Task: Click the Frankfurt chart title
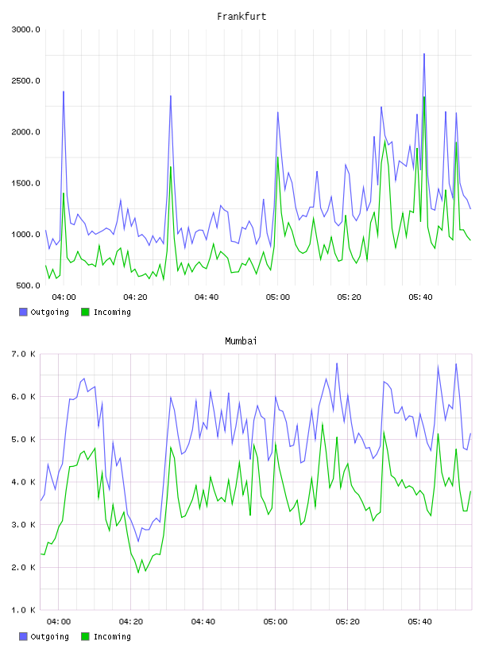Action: coord(241,16)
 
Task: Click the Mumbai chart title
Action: coord(241,340)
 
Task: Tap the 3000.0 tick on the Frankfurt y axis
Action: coord(25,29)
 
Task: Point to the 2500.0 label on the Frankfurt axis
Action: coord(25,80)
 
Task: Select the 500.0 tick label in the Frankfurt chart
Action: coord(28,286)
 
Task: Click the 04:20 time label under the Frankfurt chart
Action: coord(135,297)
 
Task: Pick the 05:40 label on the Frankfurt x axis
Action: coord(420,297)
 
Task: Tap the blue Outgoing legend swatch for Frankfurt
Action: coord(23,312)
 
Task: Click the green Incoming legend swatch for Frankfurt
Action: coord(85,312)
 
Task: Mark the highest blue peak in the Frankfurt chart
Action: coord(424,54)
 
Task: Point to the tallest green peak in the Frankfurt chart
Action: coord(424,97)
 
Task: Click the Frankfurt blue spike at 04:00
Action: coord(64,91)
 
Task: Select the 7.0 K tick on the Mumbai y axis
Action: coord(24,354)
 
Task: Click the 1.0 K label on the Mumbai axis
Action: coord(24,610)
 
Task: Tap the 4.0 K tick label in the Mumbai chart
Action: coord(24,482)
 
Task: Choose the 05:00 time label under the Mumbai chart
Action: coord(275,622)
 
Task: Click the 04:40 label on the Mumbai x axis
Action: coord(203,622)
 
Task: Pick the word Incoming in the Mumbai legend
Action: coord(112,636)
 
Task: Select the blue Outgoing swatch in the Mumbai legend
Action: coord(23,636)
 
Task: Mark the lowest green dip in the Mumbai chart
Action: coord(138,573)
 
